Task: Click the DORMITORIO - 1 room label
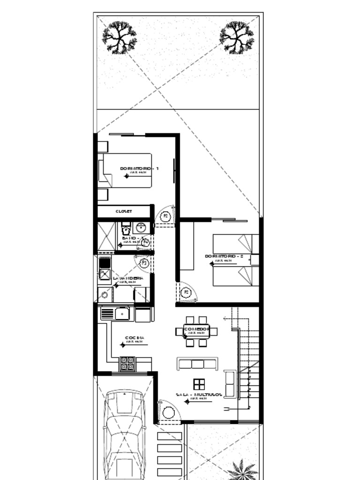[139, 168]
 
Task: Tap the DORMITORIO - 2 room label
[224, 256]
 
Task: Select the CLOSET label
[124, 211]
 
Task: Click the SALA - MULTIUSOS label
[199, 395]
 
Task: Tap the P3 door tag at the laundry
[144, 263]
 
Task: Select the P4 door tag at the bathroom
[146, 242]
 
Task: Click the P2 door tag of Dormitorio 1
[165, 216]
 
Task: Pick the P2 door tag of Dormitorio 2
[187, 292]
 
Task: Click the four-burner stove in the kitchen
[127, 363]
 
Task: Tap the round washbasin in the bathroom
[141, 228]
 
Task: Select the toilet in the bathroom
[126, 229]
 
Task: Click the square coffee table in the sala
[199, 384]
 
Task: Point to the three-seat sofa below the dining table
[197, 364]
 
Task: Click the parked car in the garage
[124, 434]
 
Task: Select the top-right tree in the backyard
[237, 37]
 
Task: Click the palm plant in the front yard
[242, 470]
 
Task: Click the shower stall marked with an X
[106, 237]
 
